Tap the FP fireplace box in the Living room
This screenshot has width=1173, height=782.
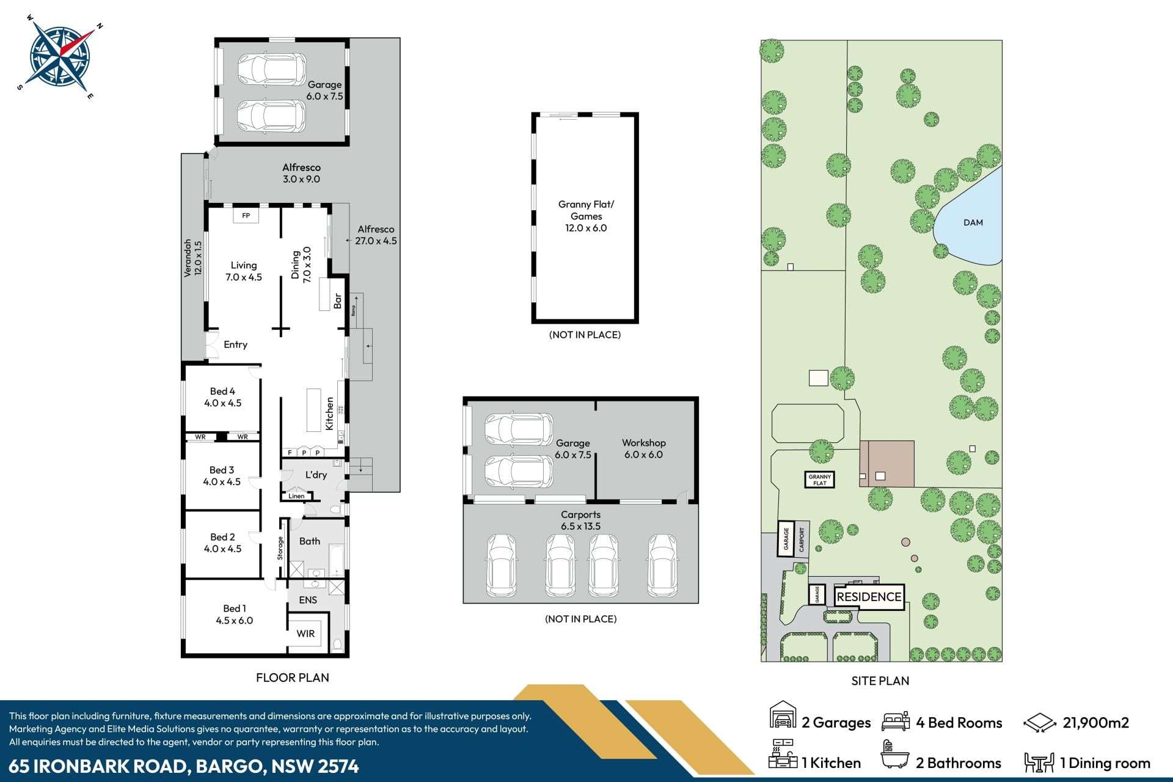[246, 216]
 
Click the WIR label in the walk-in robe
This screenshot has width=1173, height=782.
[305, 634]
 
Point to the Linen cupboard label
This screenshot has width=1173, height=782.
[296, 496]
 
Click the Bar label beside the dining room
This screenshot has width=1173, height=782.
[337, 301]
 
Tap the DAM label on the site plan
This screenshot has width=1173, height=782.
[973, 222]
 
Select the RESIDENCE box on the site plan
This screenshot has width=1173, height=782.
[868, 597]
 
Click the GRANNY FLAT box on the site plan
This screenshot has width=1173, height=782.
[819, 480]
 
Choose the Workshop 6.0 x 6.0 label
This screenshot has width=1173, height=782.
[643, 448]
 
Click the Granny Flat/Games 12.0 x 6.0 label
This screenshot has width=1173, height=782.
[586, 216]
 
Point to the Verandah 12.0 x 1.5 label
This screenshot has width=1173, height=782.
[192, 258]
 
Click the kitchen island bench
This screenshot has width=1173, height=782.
[313, 410]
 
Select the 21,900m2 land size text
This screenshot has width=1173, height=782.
[1095, 723]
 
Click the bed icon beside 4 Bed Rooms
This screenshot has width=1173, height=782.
[895, 722]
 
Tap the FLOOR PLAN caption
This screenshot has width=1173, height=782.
[292, 678]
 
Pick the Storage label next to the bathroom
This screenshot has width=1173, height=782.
[280, 548]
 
